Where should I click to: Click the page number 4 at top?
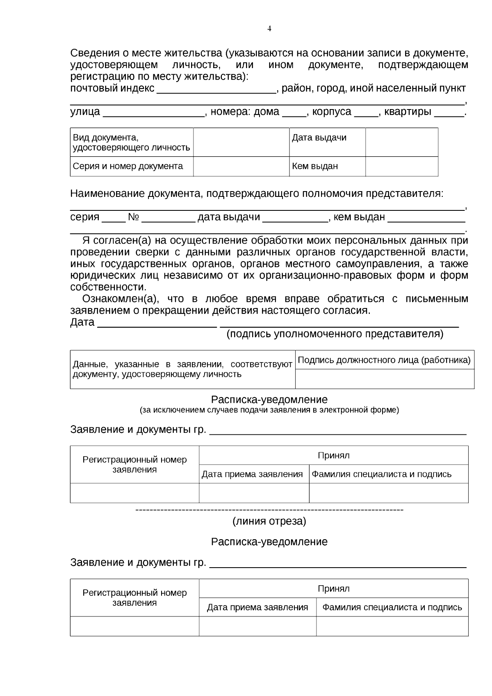(x=269, y=29)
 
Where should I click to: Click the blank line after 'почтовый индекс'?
(x=216, y=91)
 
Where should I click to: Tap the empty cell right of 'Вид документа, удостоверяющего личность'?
(x=241, y=142)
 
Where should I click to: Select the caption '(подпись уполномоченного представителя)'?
(x=335, y=334)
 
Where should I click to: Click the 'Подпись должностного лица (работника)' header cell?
(x=384, y=360)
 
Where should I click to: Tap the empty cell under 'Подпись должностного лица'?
(x=384, y=379)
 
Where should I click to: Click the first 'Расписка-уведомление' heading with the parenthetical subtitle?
(x=269, y=399)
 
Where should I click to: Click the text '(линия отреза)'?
(x=269, y=521)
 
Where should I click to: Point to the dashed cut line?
(x=269, y=510)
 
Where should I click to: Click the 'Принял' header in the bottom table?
(x=333, y=589)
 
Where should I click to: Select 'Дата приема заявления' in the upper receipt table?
(x=253, y=474)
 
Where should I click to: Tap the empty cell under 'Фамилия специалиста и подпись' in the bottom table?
(x=392, y=626)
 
